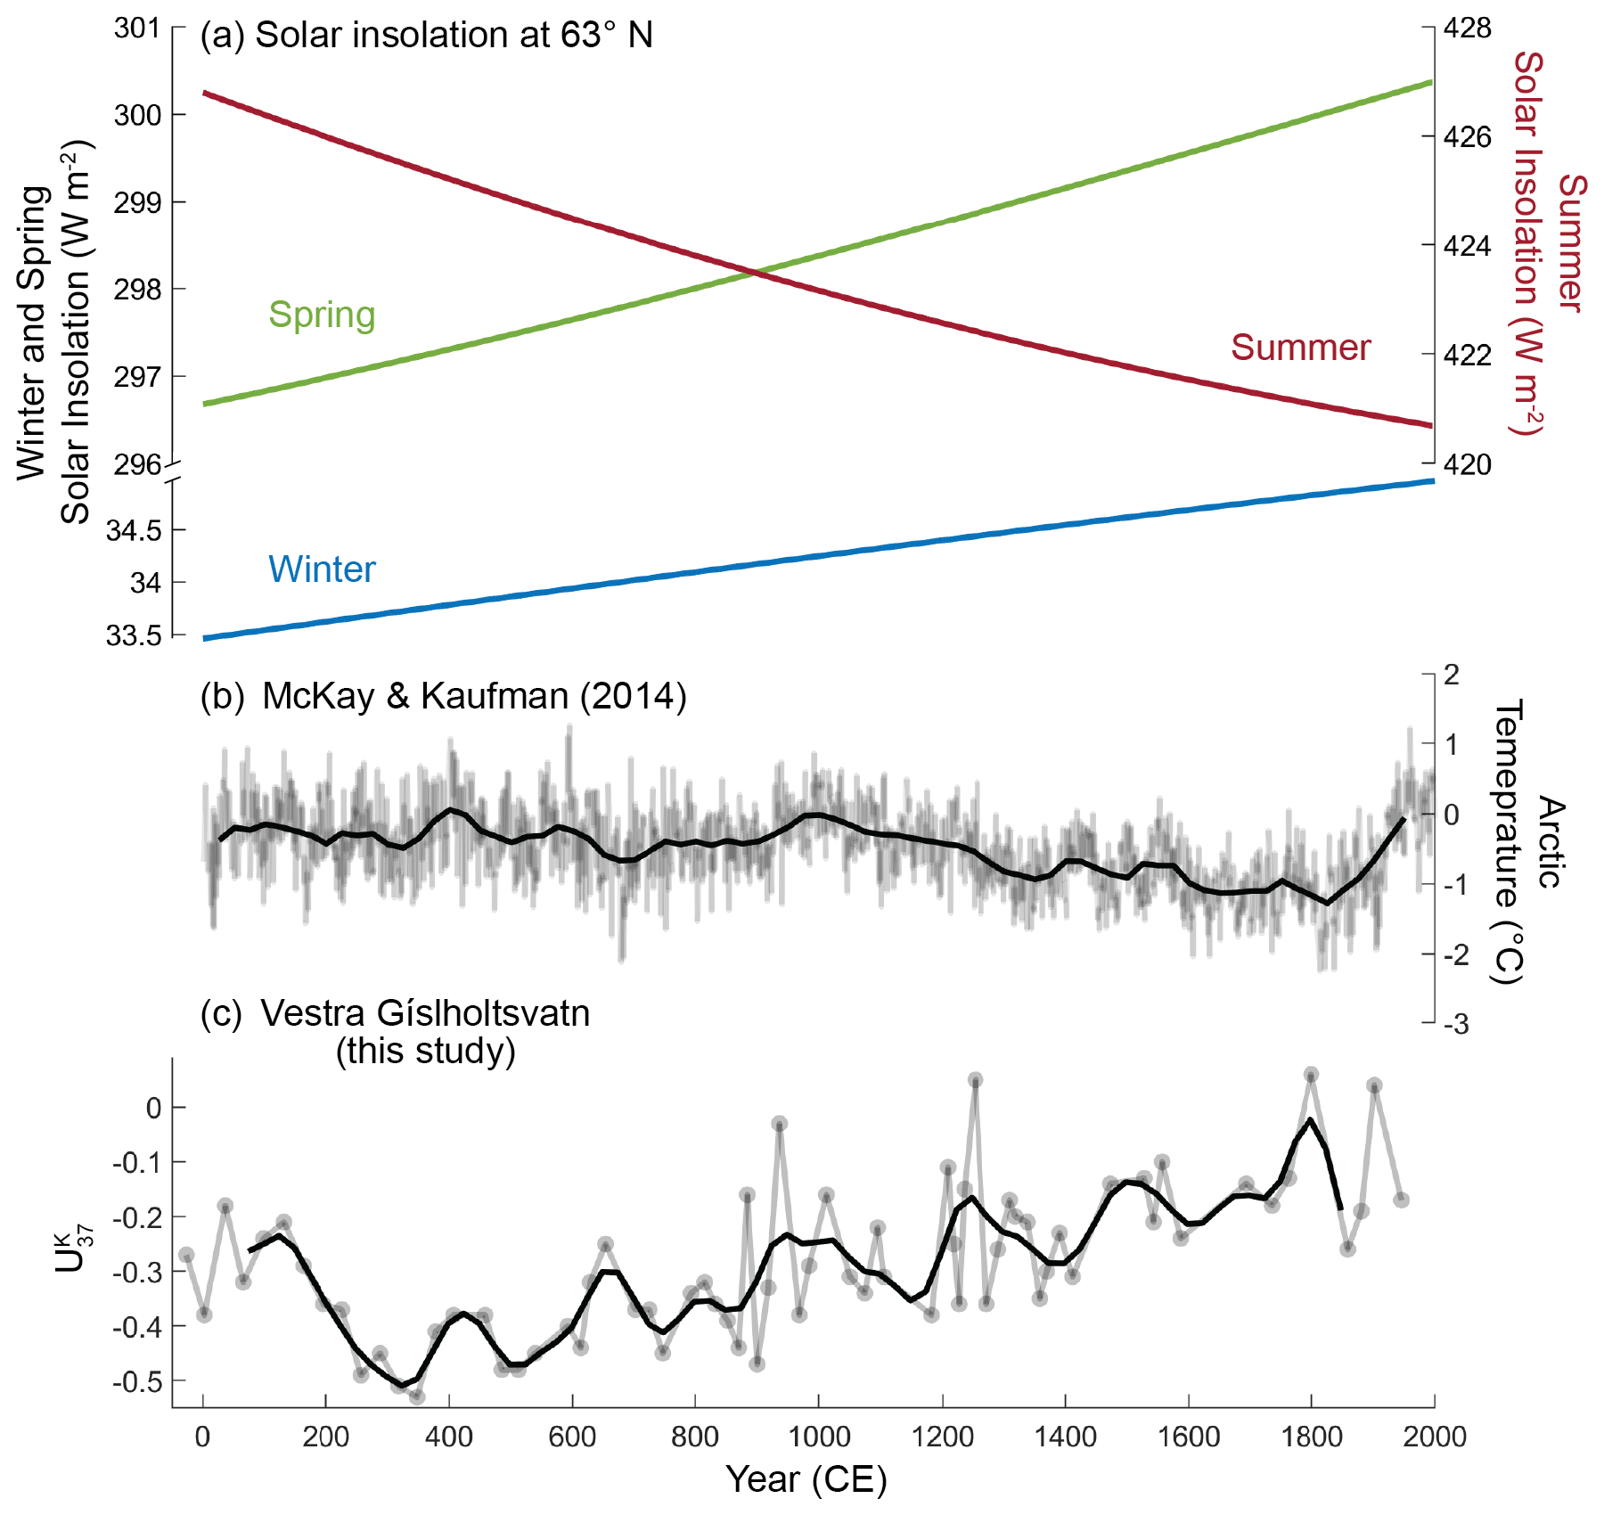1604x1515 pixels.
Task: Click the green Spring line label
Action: pos(322,315)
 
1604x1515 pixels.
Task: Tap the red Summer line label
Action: pos(1300,348)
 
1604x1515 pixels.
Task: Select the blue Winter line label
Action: pos(322,569)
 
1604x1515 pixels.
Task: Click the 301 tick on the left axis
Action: pos(136,29)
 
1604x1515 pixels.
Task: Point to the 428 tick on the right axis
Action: pos(1467,29)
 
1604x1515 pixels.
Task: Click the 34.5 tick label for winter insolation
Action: pos(134,530)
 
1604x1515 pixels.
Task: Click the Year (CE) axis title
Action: pos(806,1479)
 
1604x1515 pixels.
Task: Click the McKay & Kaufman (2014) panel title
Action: pos(474,696)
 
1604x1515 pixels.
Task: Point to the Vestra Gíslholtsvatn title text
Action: pos(425,1013)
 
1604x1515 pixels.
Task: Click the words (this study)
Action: pos(425,1051)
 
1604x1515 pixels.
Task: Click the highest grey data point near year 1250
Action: pos(975,1080)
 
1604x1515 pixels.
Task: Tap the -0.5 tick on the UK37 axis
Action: pos(136,1382)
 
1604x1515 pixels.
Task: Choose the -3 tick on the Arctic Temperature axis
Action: pos(1456,1025)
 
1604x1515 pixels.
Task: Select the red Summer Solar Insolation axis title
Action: pos(1549,243)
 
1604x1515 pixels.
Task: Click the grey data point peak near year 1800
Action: pos(1311,1075)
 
